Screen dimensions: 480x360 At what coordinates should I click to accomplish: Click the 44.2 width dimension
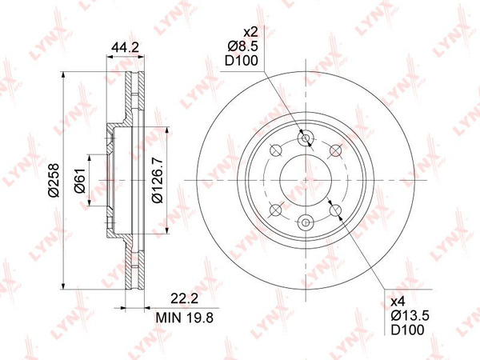click(x=126, y=47)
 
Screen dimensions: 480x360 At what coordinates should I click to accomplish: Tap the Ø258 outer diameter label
click(x=54, y=180)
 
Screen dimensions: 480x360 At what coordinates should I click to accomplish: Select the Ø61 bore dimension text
click(x=79, y=181)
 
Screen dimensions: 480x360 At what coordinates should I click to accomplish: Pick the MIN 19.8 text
click(x=185, y=318)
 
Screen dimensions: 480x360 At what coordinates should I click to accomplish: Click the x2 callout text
click(x=250, y=32)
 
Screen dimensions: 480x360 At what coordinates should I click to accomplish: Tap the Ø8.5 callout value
click(x=242, y=46)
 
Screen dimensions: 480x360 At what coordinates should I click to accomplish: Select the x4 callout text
click(x=398, y=302)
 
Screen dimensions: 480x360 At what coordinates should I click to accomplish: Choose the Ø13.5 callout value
click(x=410, y=316)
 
